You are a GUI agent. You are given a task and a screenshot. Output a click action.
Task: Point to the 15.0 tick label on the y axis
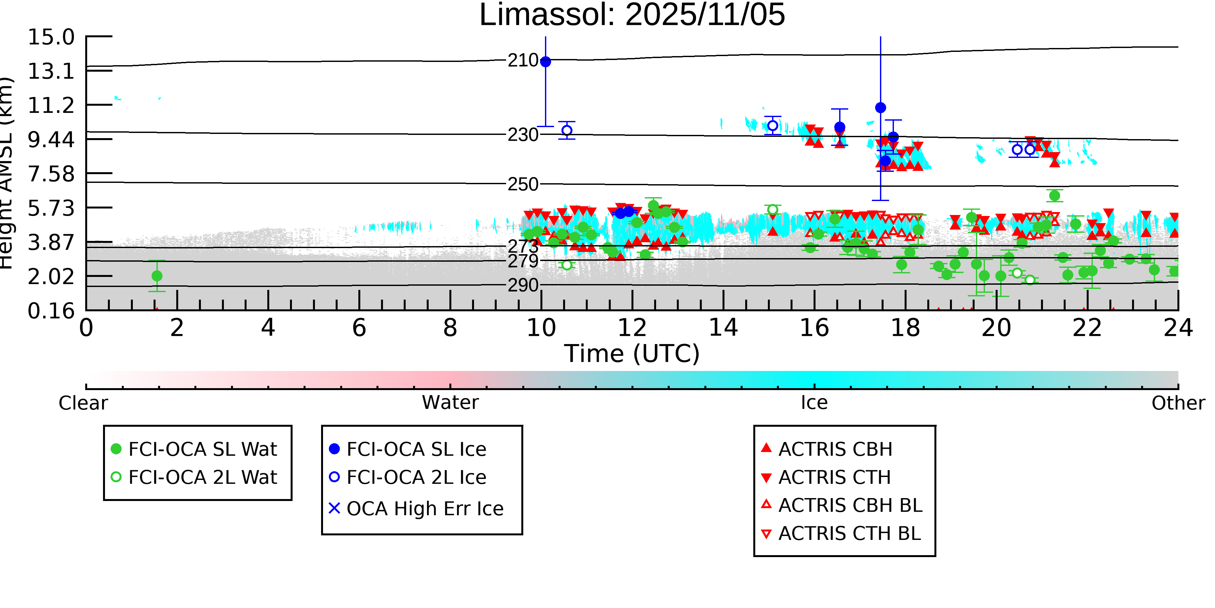(x=51, y=37)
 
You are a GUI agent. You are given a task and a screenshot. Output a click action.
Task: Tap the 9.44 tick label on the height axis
(x=51, y=140)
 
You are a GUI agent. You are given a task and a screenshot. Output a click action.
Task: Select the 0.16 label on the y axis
(x=51, y=311)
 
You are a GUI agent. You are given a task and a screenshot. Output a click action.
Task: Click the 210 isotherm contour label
(x=523, y=60)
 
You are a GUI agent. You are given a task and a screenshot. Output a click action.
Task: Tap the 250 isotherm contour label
(x=523, y=184)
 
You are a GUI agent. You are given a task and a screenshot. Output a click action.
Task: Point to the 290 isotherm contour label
(x=523, y=285)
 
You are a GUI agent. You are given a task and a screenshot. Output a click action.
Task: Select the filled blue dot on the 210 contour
(x=546, y=62)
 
